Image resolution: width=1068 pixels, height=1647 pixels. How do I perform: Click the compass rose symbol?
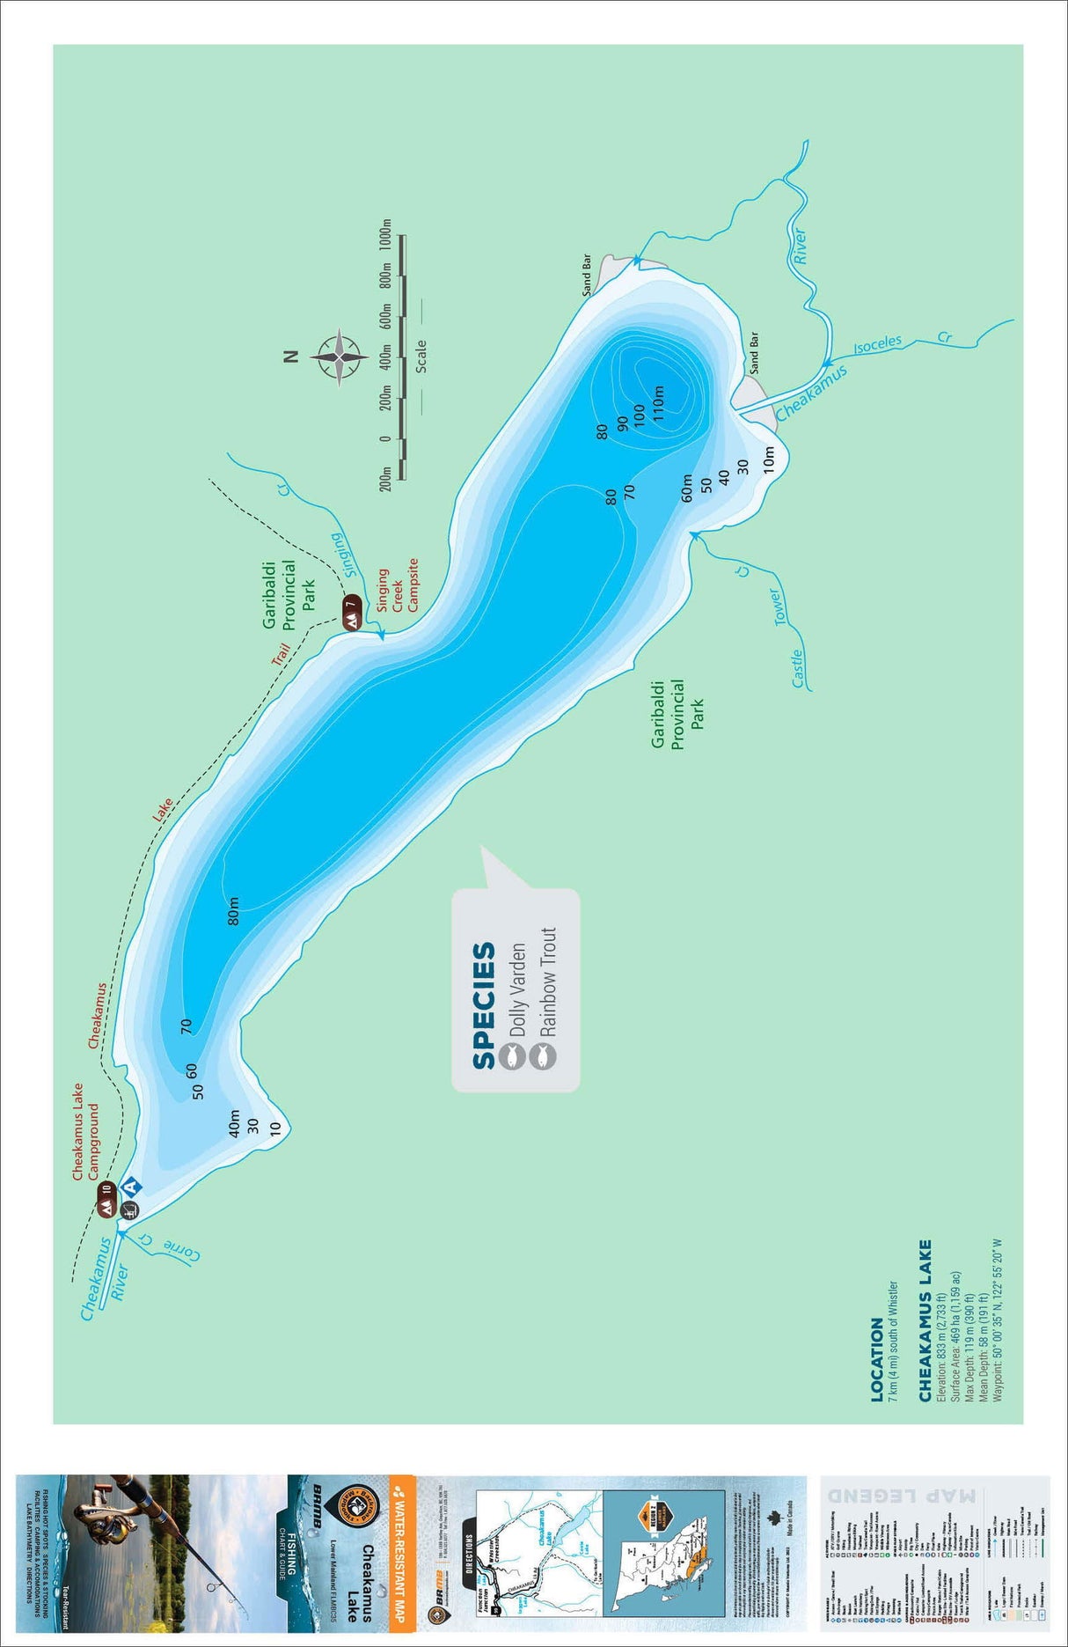(339, 357)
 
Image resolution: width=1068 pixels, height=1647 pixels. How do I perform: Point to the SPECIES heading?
(484, 1006)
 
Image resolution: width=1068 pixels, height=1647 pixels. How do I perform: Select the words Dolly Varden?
(517, 990)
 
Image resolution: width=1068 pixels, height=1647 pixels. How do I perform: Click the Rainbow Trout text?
(548, 981)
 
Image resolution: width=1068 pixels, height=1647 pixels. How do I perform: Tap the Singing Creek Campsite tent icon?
(352, 614)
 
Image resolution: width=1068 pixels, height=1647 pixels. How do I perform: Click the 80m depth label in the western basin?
(233, 911)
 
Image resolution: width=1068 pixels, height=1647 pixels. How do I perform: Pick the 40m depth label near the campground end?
(234, 1122)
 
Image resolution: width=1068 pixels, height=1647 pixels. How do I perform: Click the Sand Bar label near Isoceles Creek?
(753, 353)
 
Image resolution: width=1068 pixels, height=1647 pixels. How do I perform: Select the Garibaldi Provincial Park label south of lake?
(677, 713)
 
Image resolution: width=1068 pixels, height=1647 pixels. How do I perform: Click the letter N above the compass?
(291, 357)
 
